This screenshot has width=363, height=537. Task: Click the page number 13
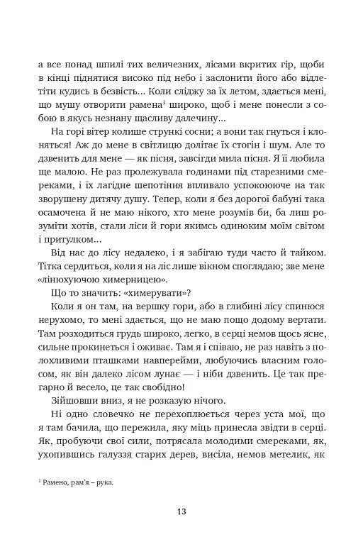point(181,512)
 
